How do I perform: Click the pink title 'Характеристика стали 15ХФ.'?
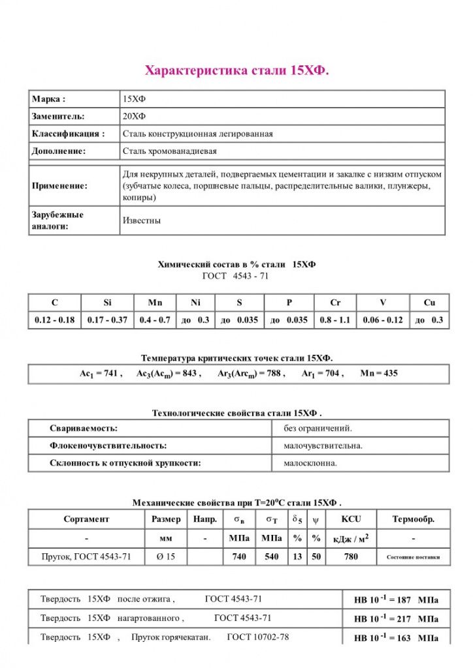(236, 70)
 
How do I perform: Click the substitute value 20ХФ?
(135, 116)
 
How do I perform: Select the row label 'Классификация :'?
(68, 134)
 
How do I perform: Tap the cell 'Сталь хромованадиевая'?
(170, 151)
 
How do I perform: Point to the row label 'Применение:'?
(59, 186)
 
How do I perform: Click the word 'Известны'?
(142, 220)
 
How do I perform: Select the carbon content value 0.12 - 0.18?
(54, 320)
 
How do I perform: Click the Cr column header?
(335, 303)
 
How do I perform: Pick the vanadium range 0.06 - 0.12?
(383, 320)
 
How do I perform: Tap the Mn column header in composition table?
(155, 303)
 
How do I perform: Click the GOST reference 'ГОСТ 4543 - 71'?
(236, 276)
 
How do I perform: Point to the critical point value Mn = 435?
(378, 374)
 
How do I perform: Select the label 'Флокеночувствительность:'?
(108, 446)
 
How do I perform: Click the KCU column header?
(351, 519)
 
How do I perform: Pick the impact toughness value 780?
(351, 556)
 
